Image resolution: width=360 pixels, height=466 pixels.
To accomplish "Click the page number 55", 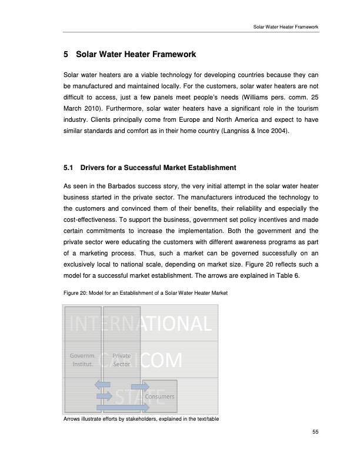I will tap(315, 432).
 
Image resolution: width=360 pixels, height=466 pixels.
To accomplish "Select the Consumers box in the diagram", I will tap(158, 397).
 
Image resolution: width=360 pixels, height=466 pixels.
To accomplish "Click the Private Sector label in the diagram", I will tap(121, 360).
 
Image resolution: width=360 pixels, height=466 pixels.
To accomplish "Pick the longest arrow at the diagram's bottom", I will tap(115, 407).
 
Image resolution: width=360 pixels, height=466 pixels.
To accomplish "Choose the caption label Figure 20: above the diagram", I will tap(75, 293).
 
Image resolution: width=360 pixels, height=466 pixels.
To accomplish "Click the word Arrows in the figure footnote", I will tap(71, 419).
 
